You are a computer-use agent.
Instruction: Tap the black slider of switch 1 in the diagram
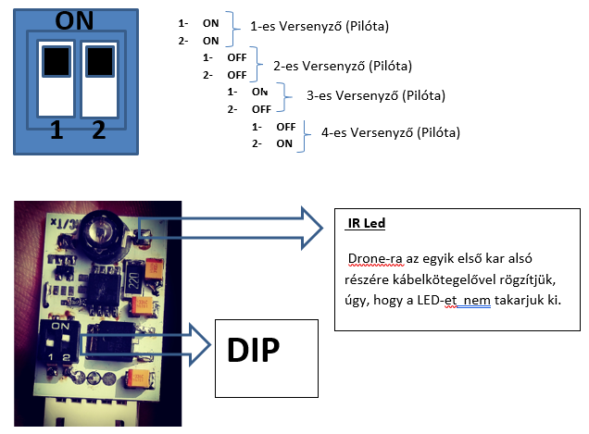pyautogui.click(x=56, y=61)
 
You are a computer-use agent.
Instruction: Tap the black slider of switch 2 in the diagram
pyautogui.click(x=99, y=61)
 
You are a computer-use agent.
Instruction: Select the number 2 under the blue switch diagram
pyautogui.click(x=99, y=131)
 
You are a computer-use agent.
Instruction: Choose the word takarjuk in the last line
pyautogui.click(x=523, y=301)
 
